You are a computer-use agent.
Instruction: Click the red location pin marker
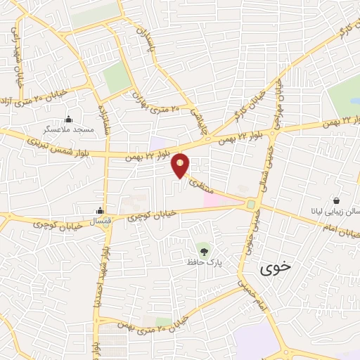pos(181,165)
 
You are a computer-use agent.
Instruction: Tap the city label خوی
pos(274,268)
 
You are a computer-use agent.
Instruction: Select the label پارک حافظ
pos(204,262)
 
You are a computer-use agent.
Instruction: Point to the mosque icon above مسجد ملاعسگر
pos(68,119)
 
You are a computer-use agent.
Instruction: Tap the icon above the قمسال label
pos(101,210)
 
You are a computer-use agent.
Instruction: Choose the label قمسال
pos(101,221)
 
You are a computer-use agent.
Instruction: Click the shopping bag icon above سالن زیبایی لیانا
pos(336,200)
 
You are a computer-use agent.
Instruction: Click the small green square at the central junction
pos(251,204)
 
